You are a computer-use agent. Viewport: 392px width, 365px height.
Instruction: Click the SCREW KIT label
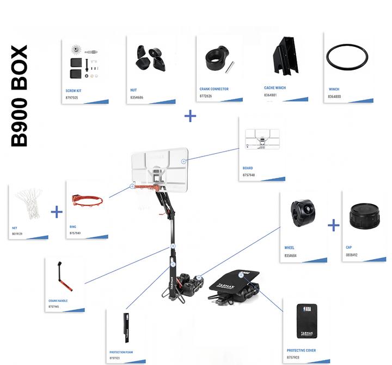(73, 91)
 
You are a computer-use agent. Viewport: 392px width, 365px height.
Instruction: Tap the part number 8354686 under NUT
(137, 97)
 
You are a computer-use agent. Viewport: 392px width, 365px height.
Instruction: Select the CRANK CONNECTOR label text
(214, 88)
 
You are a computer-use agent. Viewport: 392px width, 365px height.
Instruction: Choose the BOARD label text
(248, 169)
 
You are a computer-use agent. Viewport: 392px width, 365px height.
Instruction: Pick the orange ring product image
(88, 201)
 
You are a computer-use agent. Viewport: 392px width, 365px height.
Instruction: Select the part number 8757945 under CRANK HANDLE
(53, 307)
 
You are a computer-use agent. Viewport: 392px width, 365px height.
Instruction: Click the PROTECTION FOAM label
(121, 352)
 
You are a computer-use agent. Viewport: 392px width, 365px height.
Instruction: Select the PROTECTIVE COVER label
(301, 350)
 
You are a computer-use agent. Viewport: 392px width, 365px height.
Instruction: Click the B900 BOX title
(20, 97)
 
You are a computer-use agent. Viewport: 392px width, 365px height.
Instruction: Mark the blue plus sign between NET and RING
(57, 212)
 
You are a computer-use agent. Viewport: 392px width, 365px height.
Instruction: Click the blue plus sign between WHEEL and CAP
(334, 225)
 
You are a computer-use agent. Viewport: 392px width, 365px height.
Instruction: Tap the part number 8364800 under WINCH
(334, 97)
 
